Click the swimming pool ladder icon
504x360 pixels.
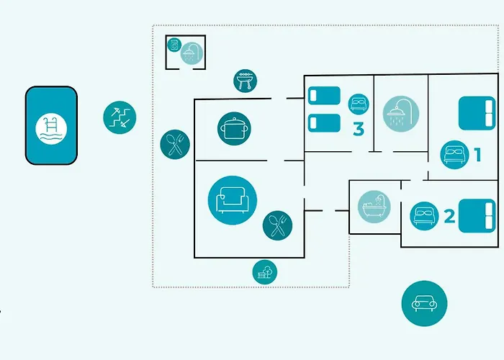point(51,129)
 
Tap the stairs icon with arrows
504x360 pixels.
point(120,117)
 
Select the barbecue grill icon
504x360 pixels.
point(246,81)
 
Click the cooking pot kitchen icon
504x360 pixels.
point(234,129)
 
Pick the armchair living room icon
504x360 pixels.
point(233,200)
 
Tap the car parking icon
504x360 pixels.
point(424,303)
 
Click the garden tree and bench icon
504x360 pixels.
point(264,272)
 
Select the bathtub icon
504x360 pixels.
point(374,207)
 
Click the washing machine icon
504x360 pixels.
point(174,45)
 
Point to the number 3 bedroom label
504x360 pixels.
point(359,129)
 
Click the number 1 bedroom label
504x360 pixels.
point(478,155)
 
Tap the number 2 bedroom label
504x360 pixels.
point(449,216)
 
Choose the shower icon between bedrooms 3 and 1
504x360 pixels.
point(401,114)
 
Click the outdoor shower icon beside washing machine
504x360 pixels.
point(192,53)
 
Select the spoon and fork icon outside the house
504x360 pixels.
point(175,144)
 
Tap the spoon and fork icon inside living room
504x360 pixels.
point(277,225)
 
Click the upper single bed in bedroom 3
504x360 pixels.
point(324,96)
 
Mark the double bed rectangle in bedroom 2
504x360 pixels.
point(477,216)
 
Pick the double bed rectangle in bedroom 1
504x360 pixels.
point(477,114)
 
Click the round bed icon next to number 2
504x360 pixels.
point(424,216)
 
